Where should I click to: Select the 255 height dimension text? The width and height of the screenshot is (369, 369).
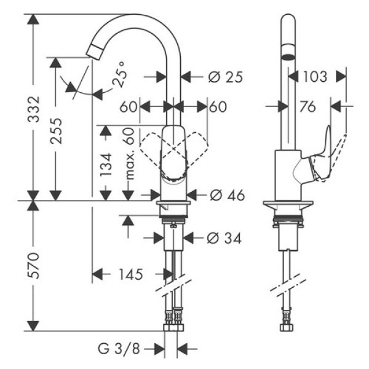56,130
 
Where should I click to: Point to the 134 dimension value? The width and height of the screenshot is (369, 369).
105,165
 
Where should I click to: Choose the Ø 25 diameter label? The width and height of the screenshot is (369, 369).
225,77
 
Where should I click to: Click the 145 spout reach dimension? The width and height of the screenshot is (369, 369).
129,274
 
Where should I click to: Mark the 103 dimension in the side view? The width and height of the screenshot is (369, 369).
315,77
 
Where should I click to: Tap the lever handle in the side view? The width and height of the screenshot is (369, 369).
323,157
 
